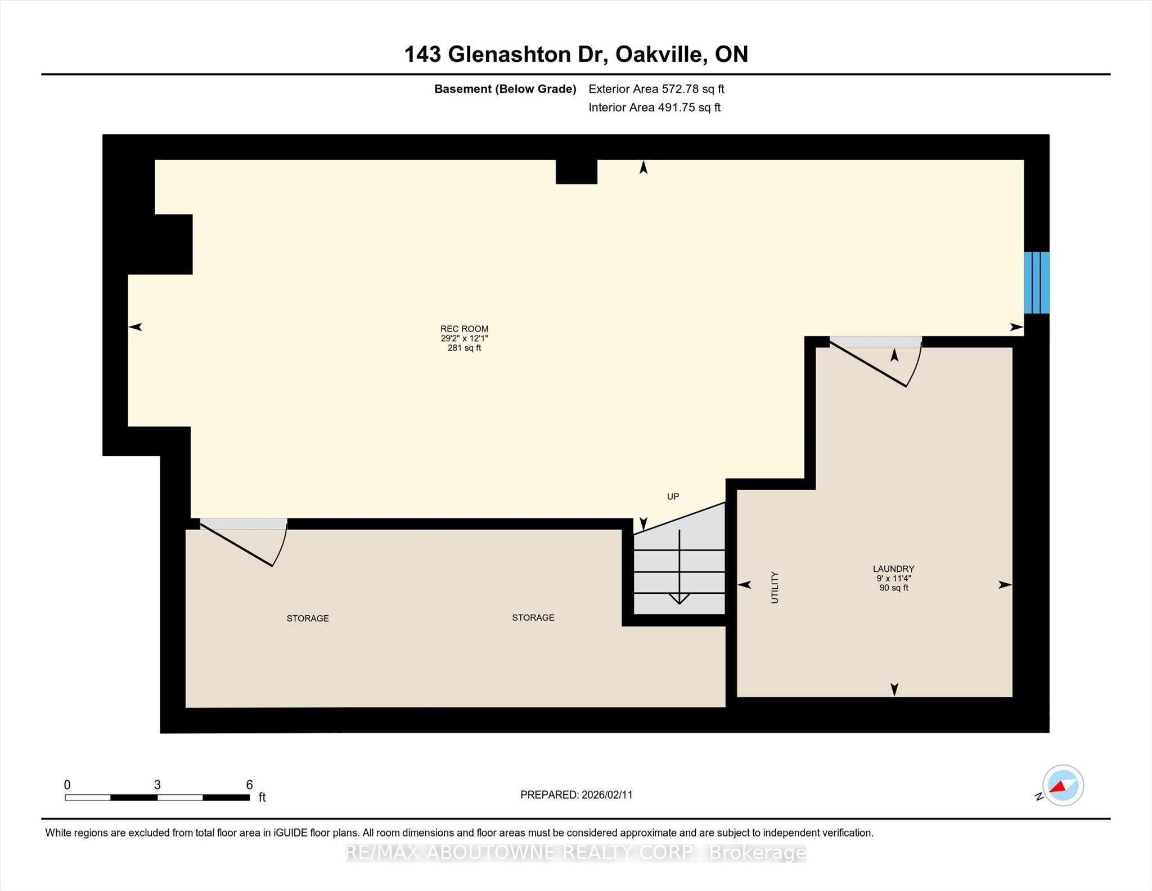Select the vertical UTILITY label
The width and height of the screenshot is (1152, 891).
tap(775, 587)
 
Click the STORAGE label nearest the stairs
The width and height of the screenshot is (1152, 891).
tap(533, 617)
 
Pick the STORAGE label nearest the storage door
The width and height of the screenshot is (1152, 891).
tap(308, 618)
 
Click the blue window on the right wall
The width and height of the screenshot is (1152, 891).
tap(1036, 283)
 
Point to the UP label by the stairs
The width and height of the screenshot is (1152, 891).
tap(673, 496)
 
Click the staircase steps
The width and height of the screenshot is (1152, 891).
tap(679, 574)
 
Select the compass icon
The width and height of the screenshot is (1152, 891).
tap(1063, 786)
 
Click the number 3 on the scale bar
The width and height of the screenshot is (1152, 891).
tap(157, 785)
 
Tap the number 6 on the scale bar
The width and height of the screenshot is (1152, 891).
tap(249, 785)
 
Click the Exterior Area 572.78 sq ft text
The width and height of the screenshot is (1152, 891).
tap(656, 89)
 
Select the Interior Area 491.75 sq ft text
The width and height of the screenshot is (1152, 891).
tap(654, 108)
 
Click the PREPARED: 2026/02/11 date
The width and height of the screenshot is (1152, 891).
tap(576, 795)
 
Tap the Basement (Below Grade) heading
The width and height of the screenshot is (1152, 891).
tap(505, 89)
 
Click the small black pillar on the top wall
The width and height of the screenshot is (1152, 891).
tap(576, 172)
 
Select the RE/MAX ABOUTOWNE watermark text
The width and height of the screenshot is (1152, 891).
tap(576, 853)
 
